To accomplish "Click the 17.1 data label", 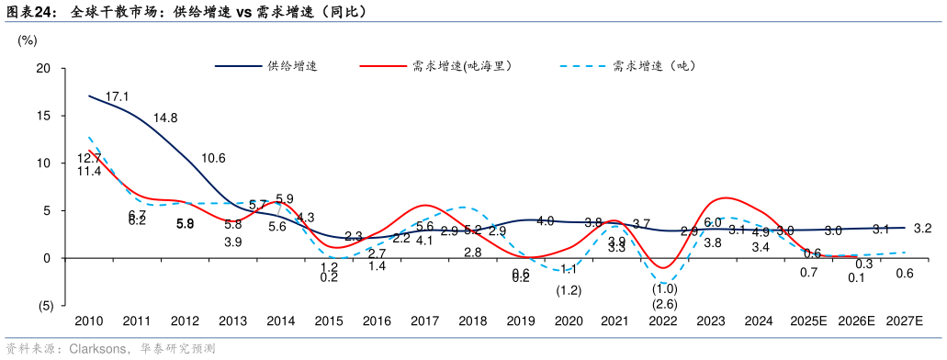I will click(117, 96).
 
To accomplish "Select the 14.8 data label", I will click(165, 118).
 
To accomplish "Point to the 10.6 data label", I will click(213, 158).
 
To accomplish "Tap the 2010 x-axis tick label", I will click(88, 321).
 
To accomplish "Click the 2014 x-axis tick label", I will click(280, 321).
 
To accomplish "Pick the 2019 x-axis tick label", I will click(521, 321).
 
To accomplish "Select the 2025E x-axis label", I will click(808, 321).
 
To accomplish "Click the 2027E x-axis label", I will click(905, 321).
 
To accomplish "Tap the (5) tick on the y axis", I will click(42, 306).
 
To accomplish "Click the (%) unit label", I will click(28, 40).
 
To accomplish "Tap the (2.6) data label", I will click(665, 304).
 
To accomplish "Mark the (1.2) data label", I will click(569, 290).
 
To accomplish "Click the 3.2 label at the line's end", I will click(923, 228).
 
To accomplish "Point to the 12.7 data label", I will click(89, 158).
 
